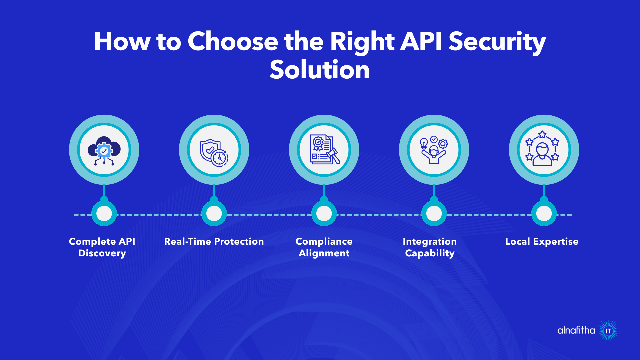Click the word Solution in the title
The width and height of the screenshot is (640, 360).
pyautogui.click(x=319, y=70)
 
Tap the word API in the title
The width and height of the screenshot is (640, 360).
pyautogui.click(x=421, y=41)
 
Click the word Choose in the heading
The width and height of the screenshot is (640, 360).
pyautogui.click(x=233, y=41)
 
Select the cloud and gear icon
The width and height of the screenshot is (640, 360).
pyautogui.click(x=104, y=150)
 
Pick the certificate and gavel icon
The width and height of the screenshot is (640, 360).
pyautogui.click(x=324, y=150)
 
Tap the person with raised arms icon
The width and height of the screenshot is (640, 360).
pyautogui.click(x=434, y=150)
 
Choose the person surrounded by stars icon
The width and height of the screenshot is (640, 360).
pyautogui.click(x=544, y=150)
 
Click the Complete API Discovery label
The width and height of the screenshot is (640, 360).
pyautogui.click(x=102, y=247)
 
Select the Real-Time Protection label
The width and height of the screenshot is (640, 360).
pyautogui.click(x=214, y=241)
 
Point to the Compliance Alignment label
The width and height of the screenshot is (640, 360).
pyautogui.click(x=324, y=247)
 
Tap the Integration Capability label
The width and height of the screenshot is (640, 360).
pyautogui.click(x=430, y=247)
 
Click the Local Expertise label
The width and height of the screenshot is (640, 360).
pyautogui.click(x=542, y=241)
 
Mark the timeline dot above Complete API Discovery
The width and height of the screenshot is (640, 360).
pyautogui.click(x=104, y=214)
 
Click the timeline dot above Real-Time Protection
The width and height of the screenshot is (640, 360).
pyautogui.click(x=214, y=214)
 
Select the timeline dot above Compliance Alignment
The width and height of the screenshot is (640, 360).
pyautogui.click(x=324, y=214)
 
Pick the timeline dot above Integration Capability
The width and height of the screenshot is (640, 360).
pyautogui.click(x=434, y=214)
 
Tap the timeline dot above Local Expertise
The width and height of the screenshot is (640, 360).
pyautogui.click(x=544, y=214)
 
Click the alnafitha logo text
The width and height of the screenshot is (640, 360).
pyautogui.click(x=576, y=330)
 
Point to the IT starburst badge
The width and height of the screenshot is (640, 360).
pyautogui.click(x=608, y=331)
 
